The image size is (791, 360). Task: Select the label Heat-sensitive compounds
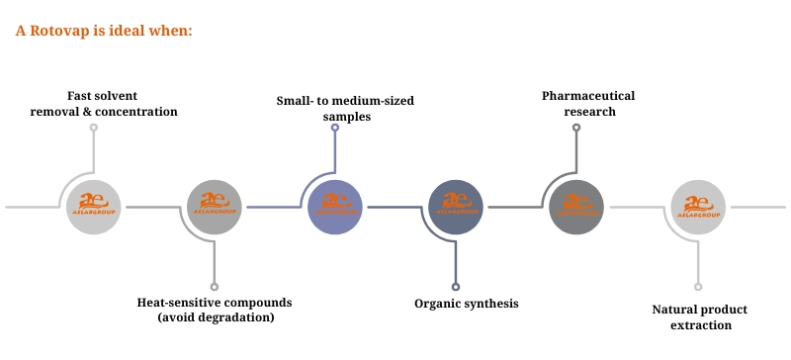[x=215, y=302]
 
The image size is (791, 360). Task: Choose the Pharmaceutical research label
[x=588, y=104]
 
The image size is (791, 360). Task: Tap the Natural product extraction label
[x=699, y=316]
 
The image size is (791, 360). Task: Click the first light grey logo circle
[x=94, y=208]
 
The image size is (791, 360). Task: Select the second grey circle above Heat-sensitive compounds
[x=215, y=208]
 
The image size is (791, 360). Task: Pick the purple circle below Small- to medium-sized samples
[x=335, y=208]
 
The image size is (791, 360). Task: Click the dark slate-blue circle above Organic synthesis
[x=456, y=208]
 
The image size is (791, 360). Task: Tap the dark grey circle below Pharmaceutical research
[x=576, y=208]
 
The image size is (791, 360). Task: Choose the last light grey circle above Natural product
[x=698, y=208]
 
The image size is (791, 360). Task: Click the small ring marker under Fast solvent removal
[x=94, y=128]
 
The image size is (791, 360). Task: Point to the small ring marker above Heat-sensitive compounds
[x=215, y=287]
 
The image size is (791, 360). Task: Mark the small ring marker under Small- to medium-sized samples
[x=335, y=128]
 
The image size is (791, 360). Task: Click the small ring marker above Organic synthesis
[x=456, y=287]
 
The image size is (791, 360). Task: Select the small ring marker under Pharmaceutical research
[x=576, y=128]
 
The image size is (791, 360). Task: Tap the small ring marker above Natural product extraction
[x=698, y=287]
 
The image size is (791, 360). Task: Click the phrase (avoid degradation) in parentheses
[x=216, y=317]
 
